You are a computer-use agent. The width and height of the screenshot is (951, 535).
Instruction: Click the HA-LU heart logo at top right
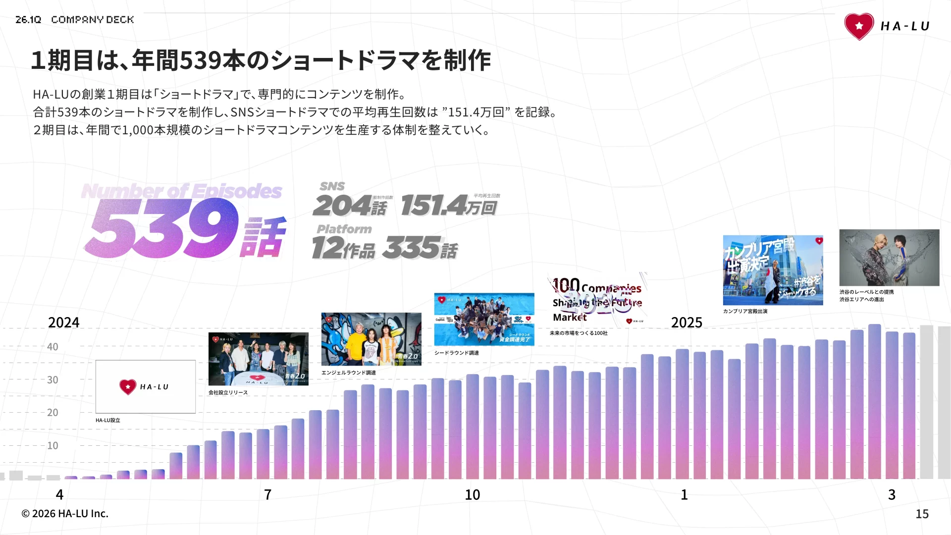(x=859, y=26)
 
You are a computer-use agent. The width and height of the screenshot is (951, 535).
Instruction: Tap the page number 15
(x=921, y=514)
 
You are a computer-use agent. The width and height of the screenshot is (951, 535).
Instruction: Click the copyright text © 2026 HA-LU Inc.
(x=65, y=514)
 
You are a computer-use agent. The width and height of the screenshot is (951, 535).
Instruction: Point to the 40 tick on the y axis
(x=53, y=347)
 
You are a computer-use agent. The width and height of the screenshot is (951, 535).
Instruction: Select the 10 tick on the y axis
(x=53, y=445)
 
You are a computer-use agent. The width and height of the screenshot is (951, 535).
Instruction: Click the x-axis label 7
(x=267, y=494)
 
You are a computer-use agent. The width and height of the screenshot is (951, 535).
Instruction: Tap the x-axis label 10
(x=472, y=494)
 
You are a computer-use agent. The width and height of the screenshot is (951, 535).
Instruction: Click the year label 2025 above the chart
(x=686, y=322)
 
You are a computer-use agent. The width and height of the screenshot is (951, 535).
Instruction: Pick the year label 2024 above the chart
(x=63, y=322)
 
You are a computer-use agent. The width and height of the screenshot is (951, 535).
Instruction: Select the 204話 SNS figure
(x=350, y=206)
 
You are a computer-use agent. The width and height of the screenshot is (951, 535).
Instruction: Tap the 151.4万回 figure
(x=448, y=206)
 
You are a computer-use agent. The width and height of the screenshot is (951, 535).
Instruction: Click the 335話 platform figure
(x=420, y=248)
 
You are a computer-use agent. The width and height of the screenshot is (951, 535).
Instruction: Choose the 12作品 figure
(x=343, y=248)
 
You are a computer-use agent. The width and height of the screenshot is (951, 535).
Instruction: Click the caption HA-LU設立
(x=108, y=420)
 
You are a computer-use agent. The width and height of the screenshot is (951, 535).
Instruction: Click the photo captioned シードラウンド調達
(x=484, y=319)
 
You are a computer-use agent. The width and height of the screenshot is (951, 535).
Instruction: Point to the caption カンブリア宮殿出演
(x=745, y=311)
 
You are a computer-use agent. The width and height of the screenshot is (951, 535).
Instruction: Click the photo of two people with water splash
(x=889, y=257)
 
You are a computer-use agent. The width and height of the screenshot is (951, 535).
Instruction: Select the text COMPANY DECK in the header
(x=92, y=20)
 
